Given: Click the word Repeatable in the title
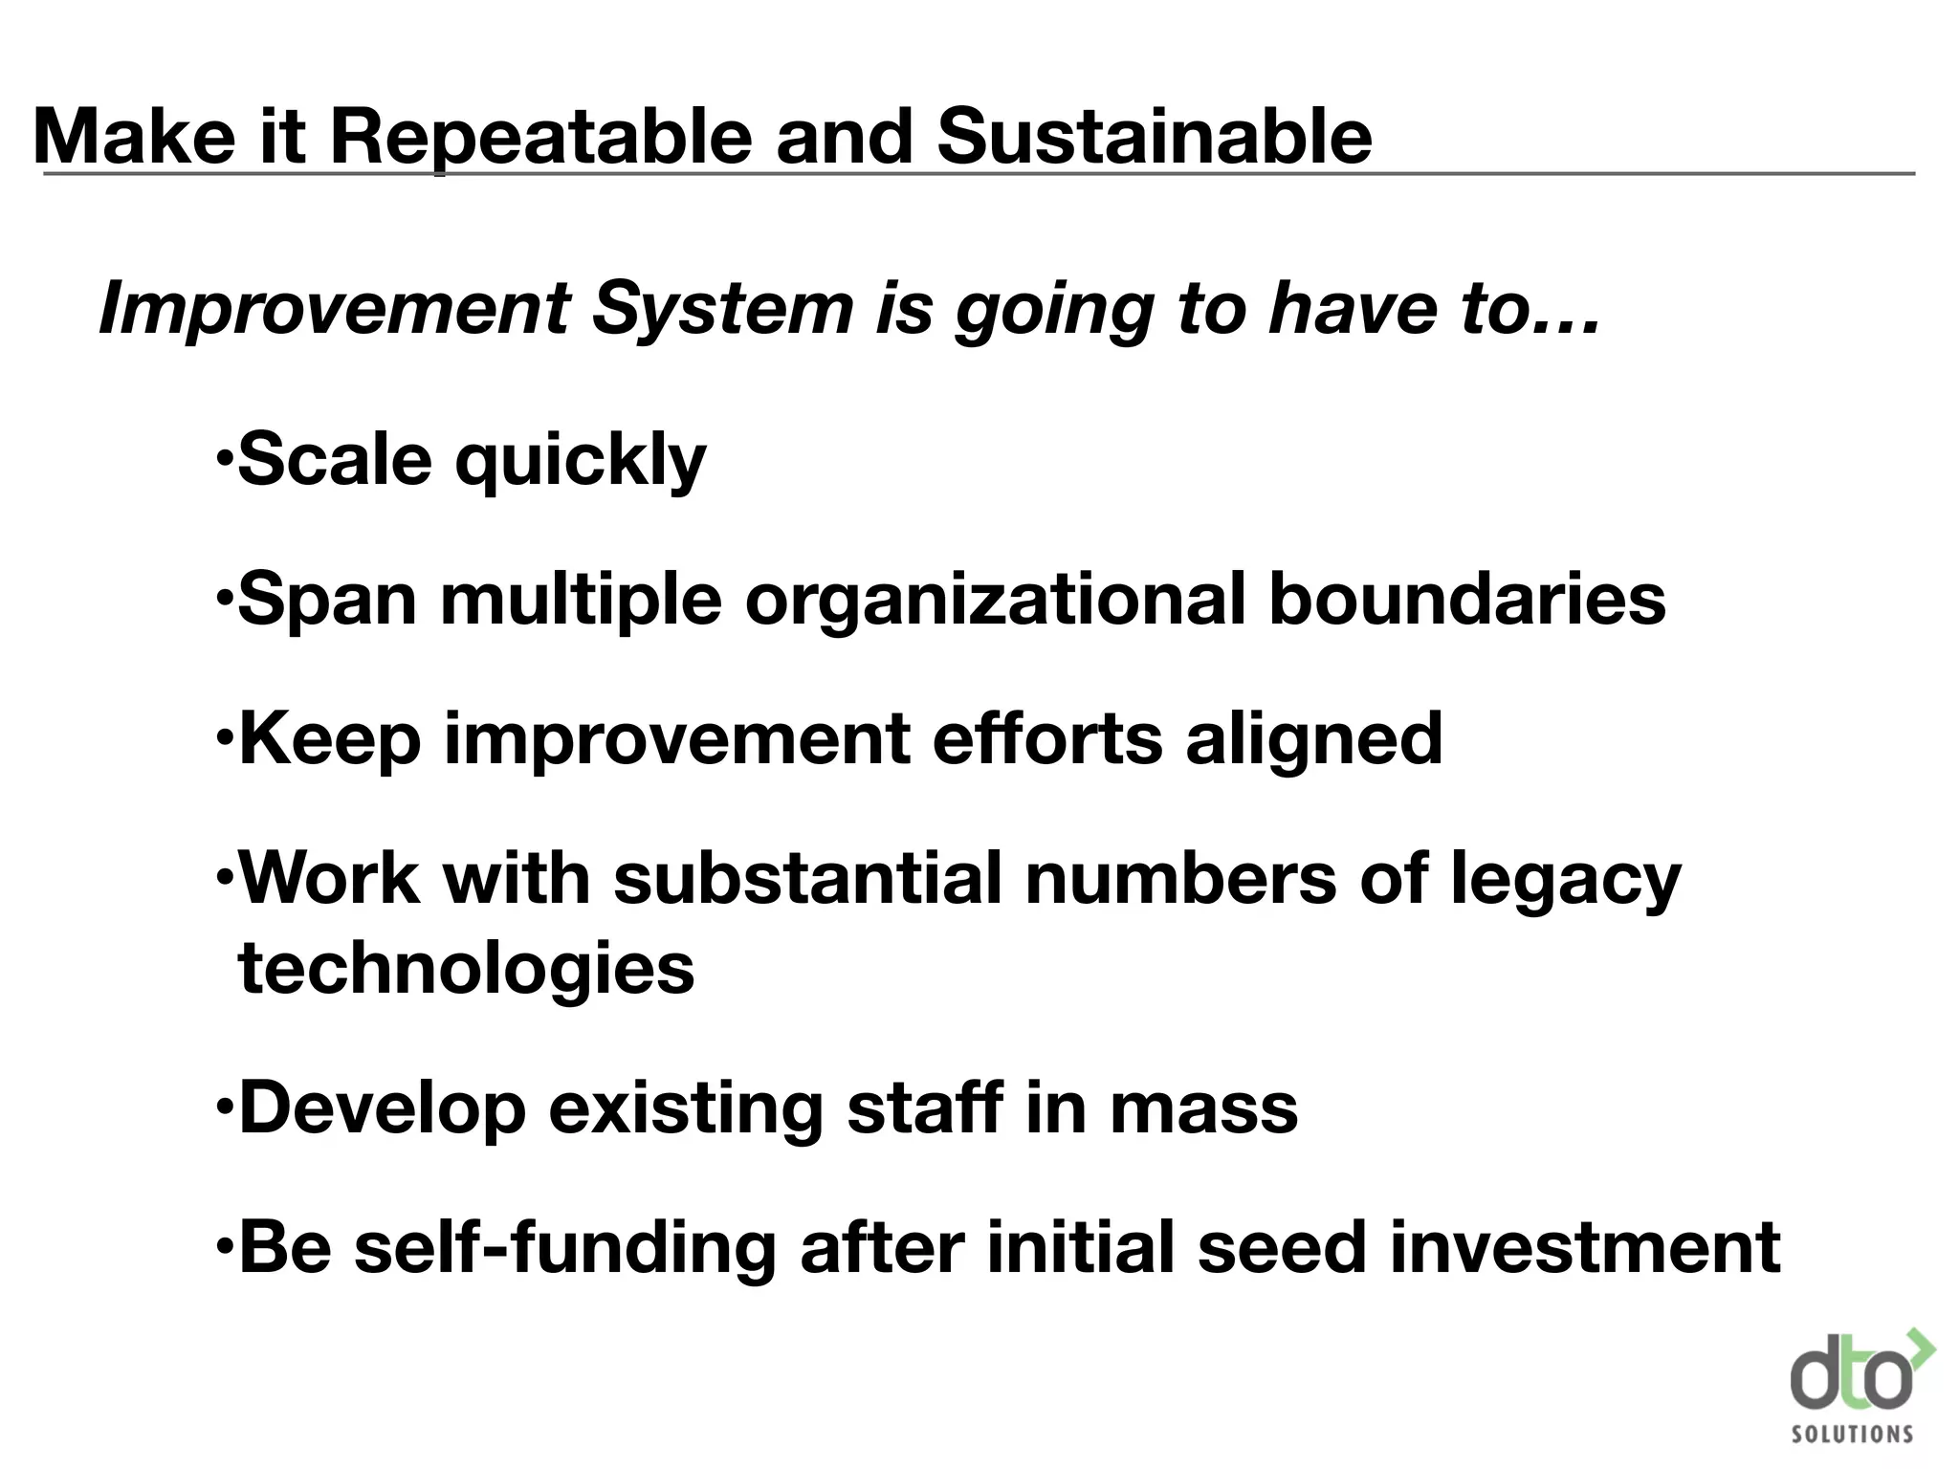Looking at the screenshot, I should coord(541,138).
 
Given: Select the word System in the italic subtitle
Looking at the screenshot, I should coord(722,309).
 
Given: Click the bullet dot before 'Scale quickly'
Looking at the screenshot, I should coord(223,456).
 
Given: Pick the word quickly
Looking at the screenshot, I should coord(580,462).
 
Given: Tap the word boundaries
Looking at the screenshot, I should coord(1466,600).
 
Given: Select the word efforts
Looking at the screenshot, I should coord(1047,738).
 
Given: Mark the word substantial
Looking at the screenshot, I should coord(807,878).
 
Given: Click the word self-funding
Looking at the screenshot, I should coord(564,1248).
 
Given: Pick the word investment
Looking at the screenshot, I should coord(1584,1248).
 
